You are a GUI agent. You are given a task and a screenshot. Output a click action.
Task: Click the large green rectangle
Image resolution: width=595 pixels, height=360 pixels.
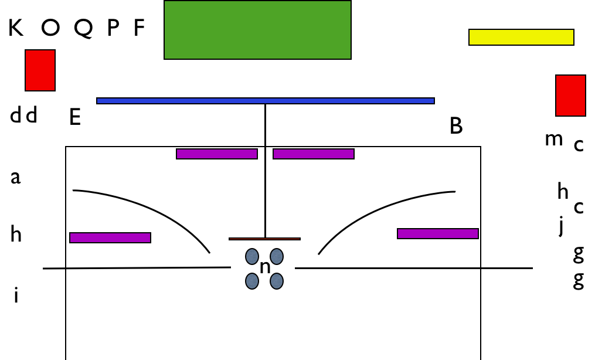[258, 30]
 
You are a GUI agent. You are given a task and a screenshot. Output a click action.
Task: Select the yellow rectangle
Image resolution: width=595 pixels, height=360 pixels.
[521, 37]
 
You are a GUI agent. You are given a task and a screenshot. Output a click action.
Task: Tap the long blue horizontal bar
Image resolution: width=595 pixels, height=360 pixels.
[265, 101]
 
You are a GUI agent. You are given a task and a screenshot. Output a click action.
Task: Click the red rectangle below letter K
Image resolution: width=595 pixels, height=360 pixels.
[40, 70]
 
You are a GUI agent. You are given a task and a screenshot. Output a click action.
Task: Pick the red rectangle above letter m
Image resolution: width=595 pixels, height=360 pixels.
[571, 96]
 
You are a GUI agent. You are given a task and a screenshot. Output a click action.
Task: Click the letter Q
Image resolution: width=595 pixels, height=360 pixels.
[83, 28]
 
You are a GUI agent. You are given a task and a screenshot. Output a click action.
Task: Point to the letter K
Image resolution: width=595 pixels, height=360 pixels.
[16, 28]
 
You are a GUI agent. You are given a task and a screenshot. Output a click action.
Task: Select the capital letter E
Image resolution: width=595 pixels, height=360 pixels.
[75, 117]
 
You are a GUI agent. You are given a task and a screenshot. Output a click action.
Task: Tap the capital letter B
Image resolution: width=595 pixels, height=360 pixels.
[456, 125]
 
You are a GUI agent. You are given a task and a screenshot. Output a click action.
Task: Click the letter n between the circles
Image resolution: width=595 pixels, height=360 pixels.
[265, 267]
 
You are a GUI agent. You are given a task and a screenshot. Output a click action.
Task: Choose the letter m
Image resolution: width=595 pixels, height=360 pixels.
[553, 139]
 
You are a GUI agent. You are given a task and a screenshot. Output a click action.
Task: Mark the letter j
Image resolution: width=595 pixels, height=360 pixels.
[561, 226]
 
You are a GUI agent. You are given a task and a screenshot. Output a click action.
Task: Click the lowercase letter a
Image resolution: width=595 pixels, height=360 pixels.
[15, 178]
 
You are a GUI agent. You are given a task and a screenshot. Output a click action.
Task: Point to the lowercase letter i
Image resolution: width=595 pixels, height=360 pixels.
[16, 295]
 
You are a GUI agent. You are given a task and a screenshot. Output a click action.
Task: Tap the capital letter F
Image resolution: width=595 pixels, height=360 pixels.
[140, 28]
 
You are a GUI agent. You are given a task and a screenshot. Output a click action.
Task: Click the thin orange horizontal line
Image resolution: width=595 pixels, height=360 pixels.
[264, 239]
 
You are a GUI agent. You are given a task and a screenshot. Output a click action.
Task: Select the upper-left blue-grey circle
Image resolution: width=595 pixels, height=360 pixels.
[252, 256]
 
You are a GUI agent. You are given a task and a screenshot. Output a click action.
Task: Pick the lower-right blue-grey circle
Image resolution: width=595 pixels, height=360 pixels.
[276, 281]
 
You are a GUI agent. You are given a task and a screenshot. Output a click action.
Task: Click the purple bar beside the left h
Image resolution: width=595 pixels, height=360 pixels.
[110, 238]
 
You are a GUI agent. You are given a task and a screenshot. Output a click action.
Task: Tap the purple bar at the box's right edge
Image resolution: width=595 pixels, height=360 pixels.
[438, 234]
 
